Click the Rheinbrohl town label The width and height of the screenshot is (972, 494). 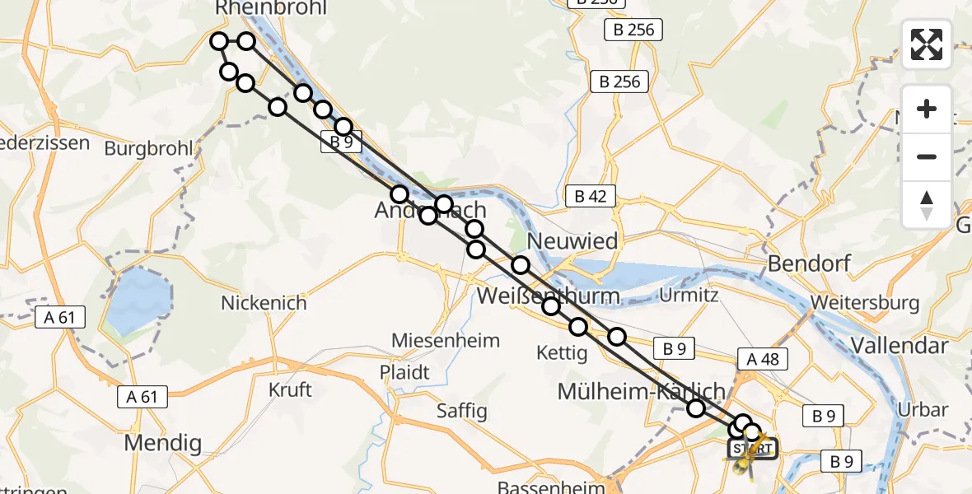(x=271, y=9)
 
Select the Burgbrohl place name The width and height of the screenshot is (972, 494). (x=148, y=149)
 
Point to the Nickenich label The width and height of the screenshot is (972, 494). (x=264, y=303)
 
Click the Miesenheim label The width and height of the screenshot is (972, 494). (x=446, y=340)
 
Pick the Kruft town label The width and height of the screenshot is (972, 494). (x=291, y=389)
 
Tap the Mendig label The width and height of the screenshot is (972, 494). (x=162, y=444)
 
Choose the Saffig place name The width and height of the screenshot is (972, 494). (x=462, y=410)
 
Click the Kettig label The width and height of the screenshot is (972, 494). (x=561, y=353)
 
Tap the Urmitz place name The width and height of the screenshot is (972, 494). (x=689, y=295)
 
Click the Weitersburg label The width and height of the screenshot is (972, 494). (x=865, y=302)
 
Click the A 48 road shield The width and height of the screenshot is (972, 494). (x=763, y=359)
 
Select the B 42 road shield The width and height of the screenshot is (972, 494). (x=591, y=196)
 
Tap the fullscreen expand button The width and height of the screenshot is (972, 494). (x=927, y=44)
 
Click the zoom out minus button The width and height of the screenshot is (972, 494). (x=927, y=156)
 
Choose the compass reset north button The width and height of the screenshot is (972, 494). (x=927, y=204)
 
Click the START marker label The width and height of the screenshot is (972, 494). (x=750, y=450)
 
